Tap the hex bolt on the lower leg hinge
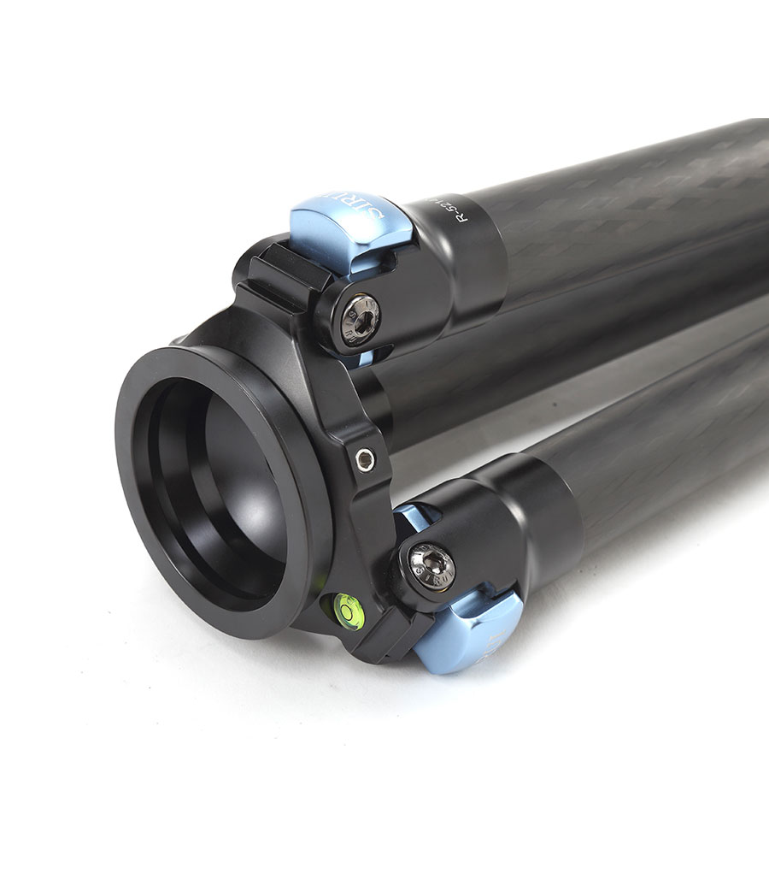coord(431,565)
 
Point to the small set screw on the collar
coord(366,459)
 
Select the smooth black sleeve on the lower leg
coord(547,522)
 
